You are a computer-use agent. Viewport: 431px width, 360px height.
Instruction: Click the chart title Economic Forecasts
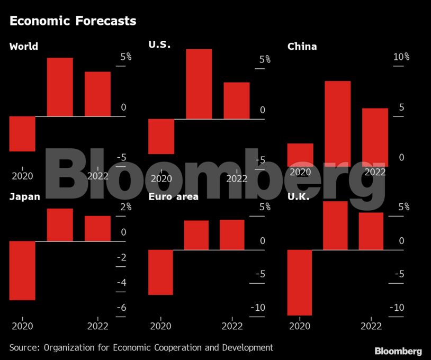pyautogui.click(x=73, y=21)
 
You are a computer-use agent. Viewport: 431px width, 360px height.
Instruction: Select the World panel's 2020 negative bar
pyautogui.click(x=22, y=133)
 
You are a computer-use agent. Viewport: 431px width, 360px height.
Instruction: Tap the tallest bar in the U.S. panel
pyautogui.click(x=199, y=84)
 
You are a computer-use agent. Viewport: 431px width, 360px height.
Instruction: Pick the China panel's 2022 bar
pyautogui.click(x=375, y=138)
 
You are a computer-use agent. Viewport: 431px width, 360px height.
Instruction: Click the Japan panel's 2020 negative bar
pyautogui.click(x=22, y=271)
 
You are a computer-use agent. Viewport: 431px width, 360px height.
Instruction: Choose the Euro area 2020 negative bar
pyautogui.click(x=160, y=272)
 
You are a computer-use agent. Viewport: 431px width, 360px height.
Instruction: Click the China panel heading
pyautogui.click(x=302, y=47)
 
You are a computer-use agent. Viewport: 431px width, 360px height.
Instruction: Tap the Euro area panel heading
pyautogui.click(x=173, y=197)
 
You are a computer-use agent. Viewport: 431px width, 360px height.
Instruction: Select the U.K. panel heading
pyautogui.click(x=300, y=197)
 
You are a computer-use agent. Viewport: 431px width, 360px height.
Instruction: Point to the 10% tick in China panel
pyautogui.click(x=401, y=57)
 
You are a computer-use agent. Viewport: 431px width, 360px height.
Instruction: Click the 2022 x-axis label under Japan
pyautogui.click(x=97, y=326)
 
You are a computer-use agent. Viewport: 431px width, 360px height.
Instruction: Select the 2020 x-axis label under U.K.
pyautogui.click(x=300, y=326)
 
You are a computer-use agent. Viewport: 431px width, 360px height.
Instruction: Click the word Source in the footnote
pyautogui.click(x=24, y=347)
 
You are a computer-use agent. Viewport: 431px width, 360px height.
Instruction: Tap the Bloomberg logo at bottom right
pyautogui.click(x=398, y=351)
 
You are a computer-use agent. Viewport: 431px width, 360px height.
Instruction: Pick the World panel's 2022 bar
pyautogui.click(x=97, y=94)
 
